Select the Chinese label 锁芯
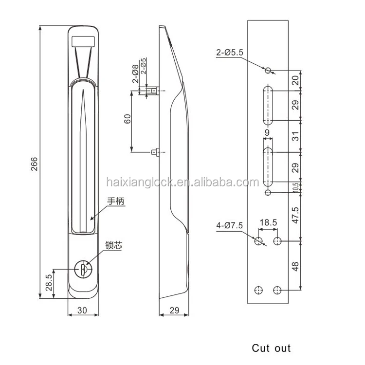[x=112, y=246]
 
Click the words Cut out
[x=271, y=348]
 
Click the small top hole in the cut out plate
[x=268, y=71]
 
